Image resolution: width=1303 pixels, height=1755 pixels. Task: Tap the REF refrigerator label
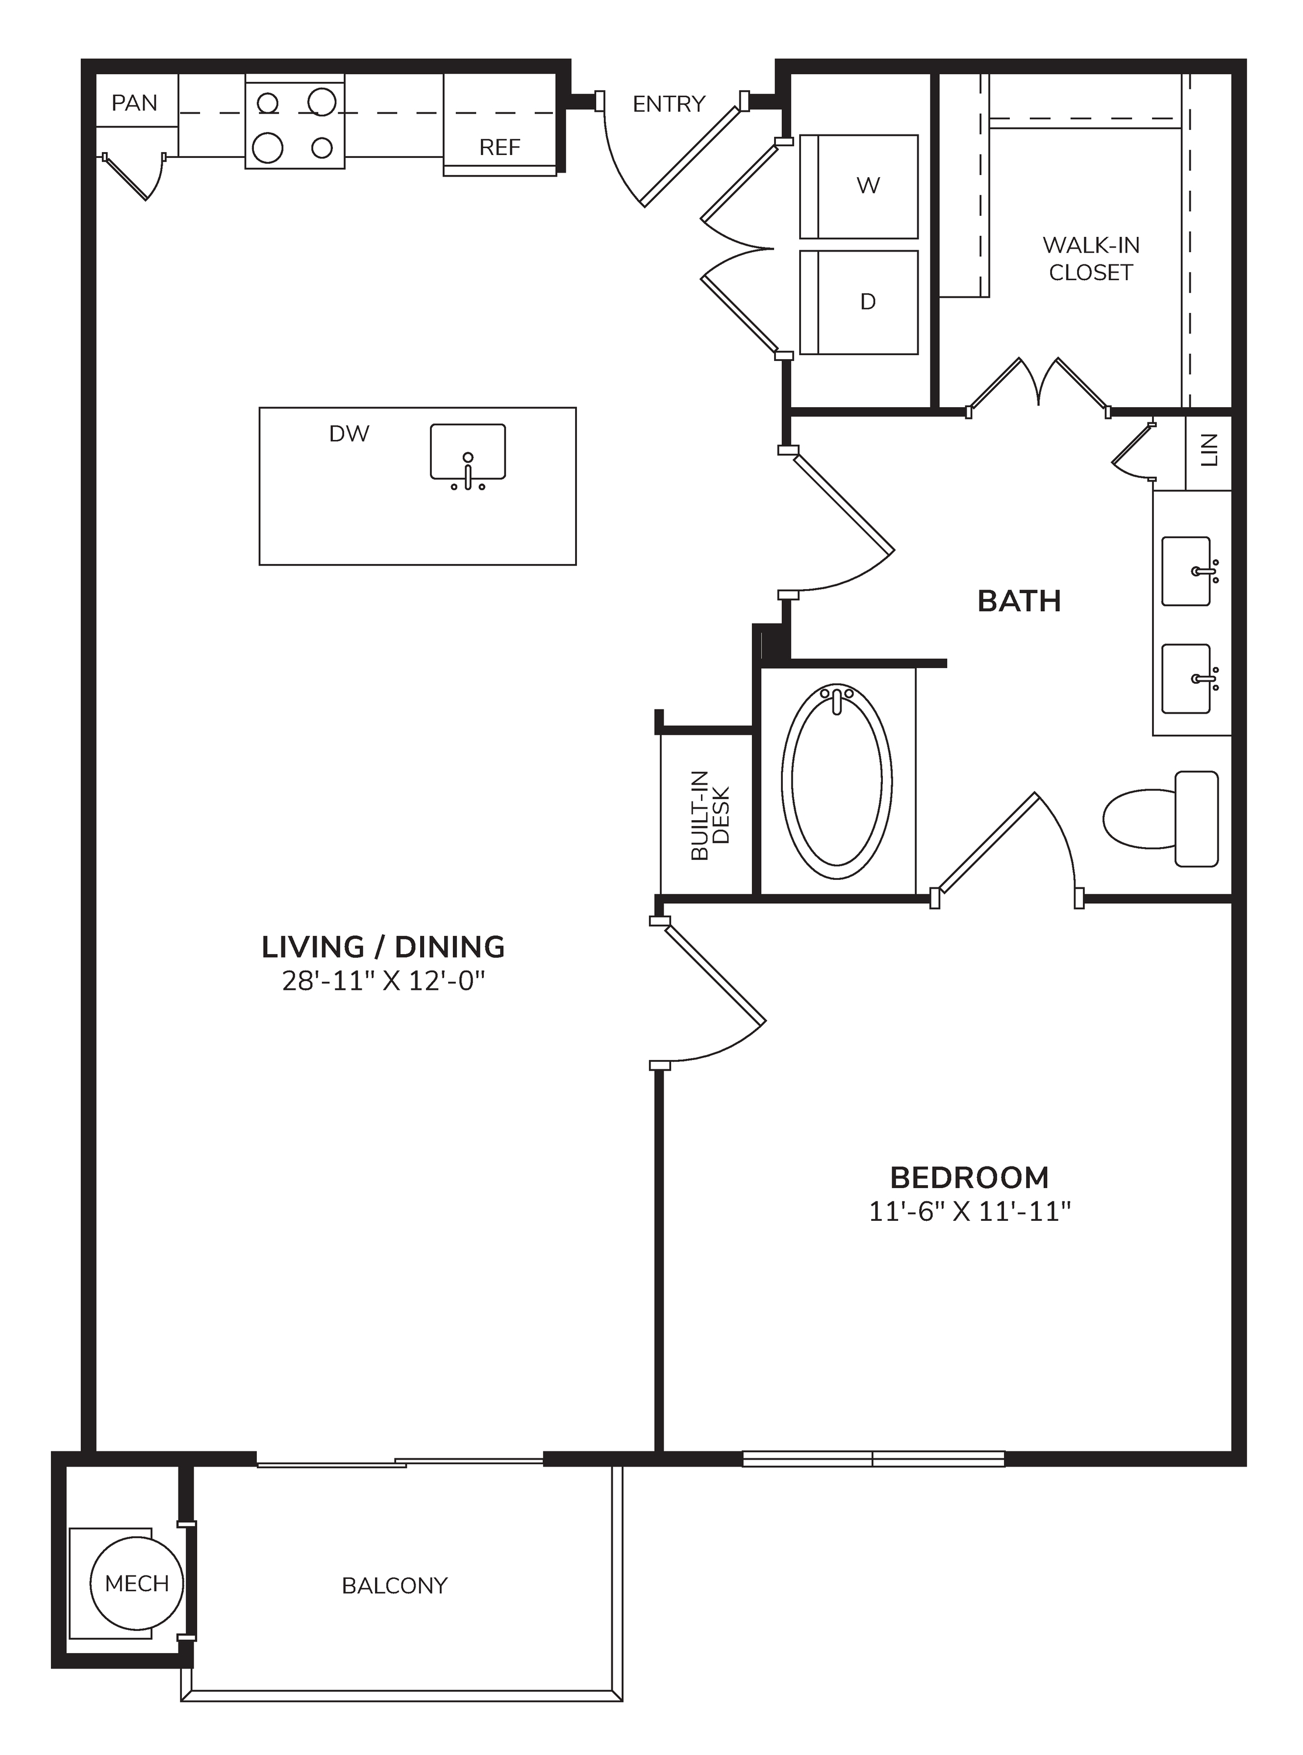[x=500, y=147]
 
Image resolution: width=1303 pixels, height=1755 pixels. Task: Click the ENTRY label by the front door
[x=669, y=104]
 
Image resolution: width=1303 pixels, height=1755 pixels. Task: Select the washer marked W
[x=859, y=186]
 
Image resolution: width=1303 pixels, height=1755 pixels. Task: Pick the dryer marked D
[x=859, y=302]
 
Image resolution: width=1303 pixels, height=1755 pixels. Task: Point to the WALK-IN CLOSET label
[x=1091, y=259]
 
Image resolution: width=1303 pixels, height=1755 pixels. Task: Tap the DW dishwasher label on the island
[x=349, y=433]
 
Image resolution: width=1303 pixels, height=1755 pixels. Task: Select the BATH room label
[x=1019, y=601]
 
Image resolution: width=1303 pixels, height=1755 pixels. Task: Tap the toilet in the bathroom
[x=1160, y=818]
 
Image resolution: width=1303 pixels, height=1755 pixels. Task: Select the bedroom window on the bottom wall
[x=873, y=1458]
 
